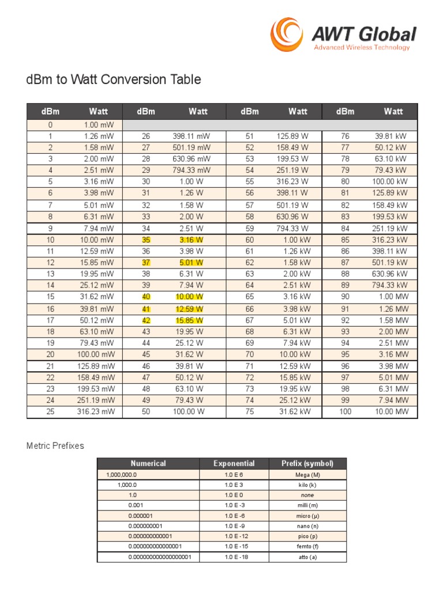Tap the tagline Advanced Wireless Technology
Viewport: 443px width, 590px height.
[x=362, y=48]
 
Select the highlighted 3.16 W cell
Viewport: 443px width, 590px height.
[x=191, y=239]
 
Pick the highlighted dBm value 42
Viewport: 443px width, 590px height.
[x=146, y=320]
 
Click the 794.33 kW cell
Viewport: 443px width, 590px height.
[x=391, y=285]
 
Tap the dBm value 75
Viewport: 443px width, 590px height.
[x=249, y=412]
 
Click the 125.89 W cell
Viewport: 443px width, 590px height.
[x=292, y=136]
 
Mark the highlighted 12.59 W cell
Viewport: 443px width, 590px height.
[x=191, y=308]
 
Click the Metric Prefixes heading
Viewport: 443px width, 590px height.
[x=55, y=445]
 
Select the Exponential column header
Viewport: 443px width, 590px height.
[x=234, y=463]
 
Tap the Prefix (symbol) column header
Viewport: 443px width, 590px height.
[x=307, y=463]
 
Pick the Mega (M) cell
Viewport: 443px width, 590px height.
[x=307, y=475]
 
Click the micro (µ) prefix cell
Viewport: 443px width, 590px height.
[x=307, y=516]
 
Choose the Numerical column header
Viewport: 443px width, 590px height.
[x=148, y=463]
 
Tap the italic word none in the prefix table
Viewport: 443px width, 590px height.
[x=307, y=496]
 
